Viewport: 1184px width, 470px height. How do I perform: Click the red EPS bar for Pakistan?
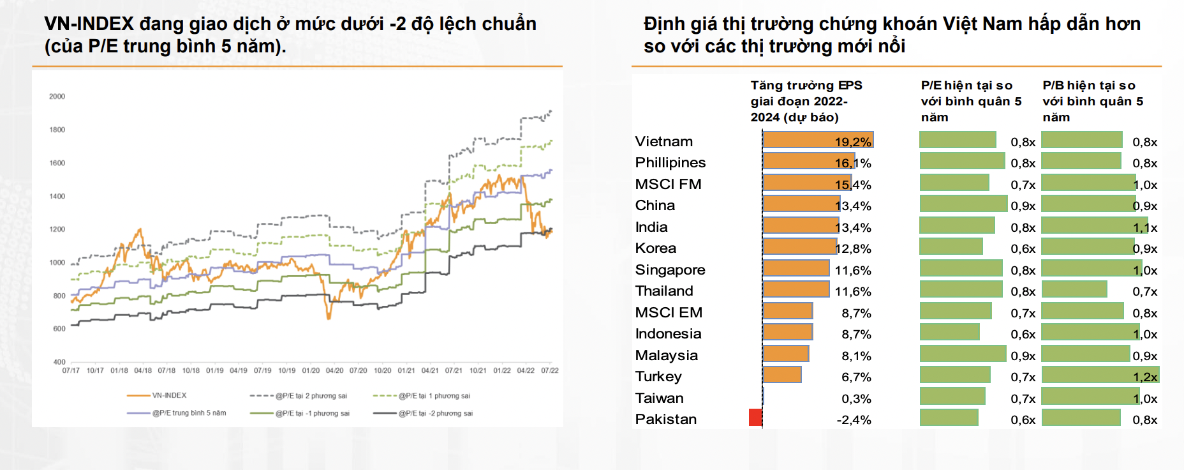pyautogui.click(x=755, y=418)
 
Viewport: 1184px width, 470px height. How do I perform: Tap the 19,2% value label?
pyautogui.click(x=853, y=142)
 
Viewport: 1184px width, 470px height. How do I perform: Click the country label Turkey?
pyautogui.click(x=658, y=377)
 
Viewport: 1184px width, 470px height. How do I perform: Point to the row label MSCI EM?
pyautogui.click(x=669, y=313)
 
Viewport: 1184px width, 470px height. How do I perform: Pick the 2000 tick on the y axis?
pyautogui.click(x=57, y=96)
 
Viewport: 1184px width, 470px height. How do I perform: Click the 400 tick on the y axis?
pyautogui.click(x=59, y=362)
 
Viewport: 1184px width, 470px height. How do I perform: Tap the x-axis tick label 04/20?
pyautogui.click(x=334, y=370)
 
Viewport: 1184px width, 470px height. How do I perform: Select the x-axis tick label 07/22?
pyautogui.click(x=549, y=370)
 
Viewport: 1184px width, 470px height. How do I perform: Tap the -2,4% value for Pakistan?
pyautogui.click(x=854, y=420)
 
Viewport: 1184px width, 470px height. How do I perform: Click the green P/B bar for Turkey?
pyautogui.click(x=1100, y=375)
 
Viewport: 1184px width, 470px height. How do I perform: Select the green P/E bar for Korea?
pyautogui.click(x=951, y=246)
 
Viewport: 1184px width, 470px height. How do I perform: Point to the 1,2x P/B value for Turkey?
pyautogui.click(x=1145, y=377)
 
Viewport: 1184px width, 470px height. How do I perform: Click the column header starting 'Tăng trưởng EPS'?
pyautogui.click(x=806, y=101)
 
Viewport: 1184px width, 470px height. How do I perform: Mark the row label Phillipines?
pyautogui.click(x=670, y=163)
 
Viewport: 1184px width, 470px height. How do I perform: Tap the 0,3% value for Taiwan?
pyautogui.click(x=856, y=399)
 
